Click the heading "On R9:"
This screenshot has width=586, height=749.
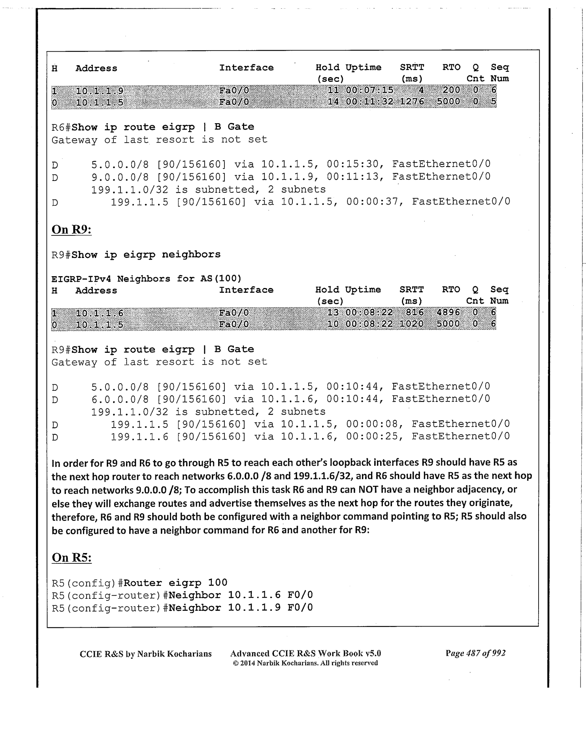tap(72, 230)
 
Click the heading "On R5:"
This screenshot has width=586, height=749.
tap(72, 557)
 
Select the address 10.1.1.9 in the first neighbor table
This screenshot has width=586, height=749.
tap(100, 91)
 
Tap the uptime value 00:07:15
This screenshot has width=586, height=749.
tap(369, 90)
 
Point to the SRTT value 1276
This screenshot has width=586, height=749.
tap(412, 102)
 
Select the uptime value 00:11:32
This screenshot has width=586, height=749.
tap(369, 102)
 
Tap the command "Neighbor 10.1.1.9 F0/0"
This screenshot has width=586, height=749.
tap(240, 607)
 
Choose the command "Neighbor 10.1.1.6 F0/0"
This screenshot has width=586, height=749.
tap(240, 595)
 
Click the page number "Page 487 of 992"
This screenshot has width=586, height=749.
tap(475, 653)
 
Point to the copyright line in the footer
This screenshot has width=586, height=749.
tap(305, 663)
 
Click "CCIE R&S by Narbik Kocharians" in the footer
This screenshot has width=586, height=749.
tap(145, 654)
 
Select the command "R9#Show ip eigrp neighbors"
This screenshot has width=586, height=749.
tap(136, 254)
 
